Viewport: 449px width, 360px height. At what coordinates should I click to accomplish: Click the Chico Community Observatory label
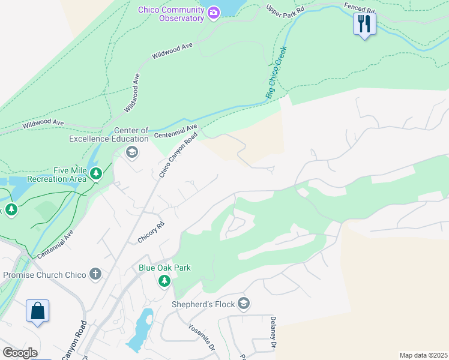click(x=171, y=14)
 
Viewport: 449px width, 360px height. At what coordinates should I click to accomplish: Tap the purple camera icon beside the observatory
click(x=213, y=13)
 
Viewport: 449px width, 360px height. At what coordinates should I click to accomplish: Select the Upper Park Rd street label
click(x=285, y=10)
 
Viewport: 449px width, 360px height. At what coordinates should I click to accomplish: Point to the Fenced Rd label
click(x=359, y=7)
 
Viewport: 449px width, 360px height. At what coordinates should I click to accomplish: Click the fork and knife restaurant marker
click(x=364, y=24)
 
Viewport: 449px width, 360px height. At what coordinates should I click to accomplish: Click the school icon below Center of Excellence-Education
click(x=132, y=152)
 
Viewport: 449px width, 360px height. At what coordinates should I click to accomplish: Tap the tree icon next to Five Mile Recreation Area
click(x=96, y=174)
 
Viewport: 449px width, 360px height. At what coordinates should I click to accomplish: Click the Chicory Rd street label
click(x=151, y=233)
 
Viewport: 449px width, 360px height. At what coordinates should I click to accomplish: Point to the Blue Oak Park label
click(x=164, y=268)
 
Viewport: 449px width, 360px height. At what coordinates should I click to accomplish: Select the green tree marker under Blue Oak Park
click(x=164, y=281)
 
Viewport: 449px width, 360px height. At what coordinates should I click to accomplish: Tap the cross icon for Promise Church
click(x=95, y=275)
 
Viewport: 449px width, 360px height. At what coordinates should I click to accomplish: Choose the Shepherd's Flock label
click(x=203, y=304)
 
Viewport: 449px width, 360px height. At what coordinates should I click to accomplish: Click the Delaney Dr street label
click(x=273, y=334)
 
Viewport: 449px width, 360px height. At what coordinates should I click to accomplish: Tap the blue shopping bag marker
click(x=37, y=311)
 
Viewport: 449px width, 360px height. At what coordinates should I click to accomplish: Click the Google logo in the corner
click(x=19, y=353)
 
